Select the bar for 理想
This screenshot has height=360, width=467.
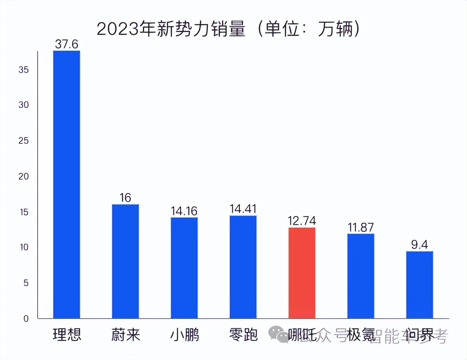pos(67,184)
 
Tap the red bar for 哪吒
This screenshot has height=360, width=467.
pos(302,272)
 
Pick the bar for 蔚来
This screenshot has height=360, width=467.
pos(126,261)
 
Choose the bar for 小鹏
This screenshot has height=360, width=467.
pos(184,268)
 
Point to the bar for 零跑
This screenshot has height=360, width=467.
pos(243,266)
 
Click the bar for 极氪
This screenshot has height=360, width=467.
pos(361,276)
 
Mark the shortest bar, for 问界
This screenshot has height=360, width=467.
pos(420,284)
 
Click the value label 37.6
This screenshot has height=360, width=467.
pos(67,44)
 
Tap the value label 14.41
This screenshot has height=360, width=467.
pos(243,209)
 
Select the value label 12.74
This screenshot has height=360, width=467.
pos(302,221)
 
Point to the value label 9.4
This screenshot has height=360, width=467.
pos(420,244)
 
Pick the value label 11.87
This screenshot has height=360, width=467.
pos(360,227)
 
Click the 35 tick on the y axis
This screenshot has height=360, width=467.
pos(23,70)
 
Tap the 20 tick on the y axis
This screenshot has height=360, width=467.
pos(23,176)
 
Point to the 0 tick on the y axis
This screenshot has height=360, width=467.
pos(26,319)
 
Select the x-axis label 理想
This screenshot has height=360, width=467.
pos(67,335)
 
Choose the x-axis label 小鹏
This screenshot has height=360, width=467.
pos(184,335)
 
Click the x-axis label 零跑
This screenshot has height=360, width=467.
pos(243,335)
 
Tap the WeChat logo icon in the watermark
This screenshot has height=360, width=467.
pos(278,334)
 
